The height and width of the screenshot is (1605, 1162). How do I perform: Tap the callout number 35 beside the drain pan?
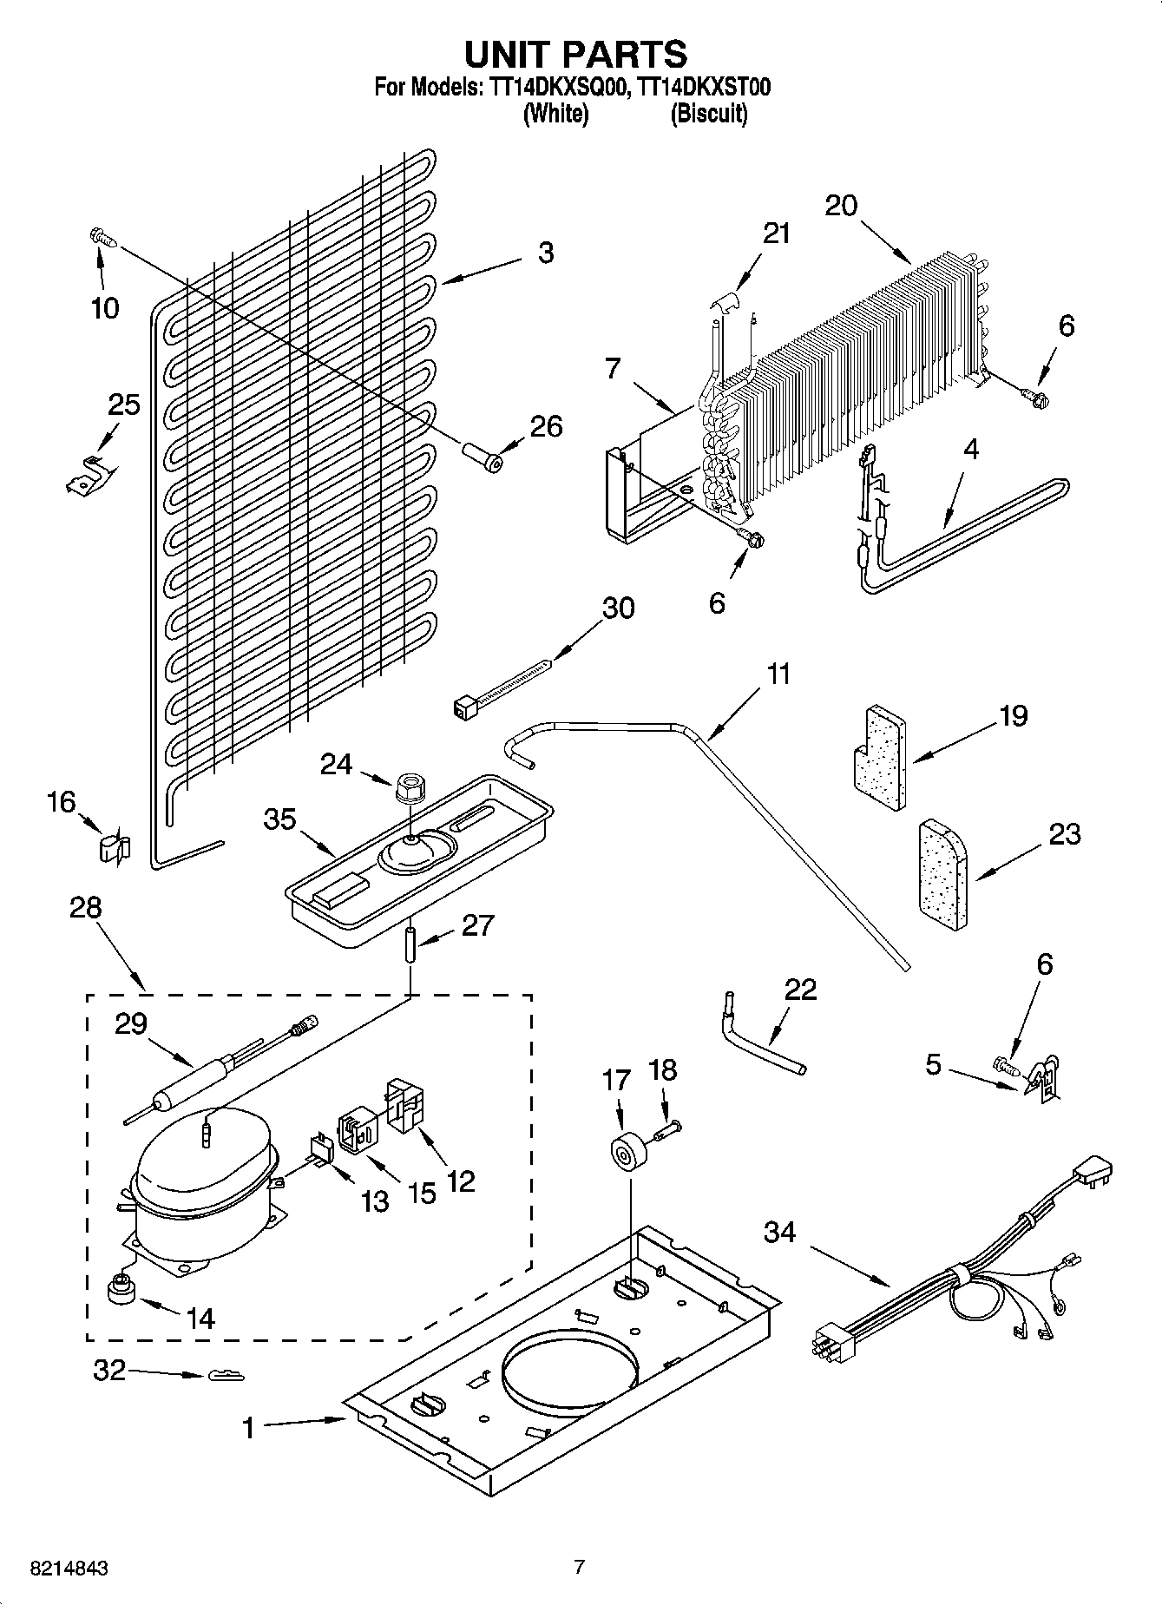tap(279, 819)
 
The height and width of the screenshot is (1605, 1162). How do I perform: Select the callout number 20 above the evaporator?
tap(840, 206)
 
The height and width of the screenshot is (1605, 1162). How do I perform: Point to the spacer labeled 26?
tap(483, 457)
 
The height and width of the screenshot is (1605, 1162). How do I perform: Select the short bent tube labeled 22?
tap(758, 1036)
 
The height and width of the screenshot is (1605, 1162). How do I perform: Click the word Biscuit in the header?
tap(708, 114)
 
